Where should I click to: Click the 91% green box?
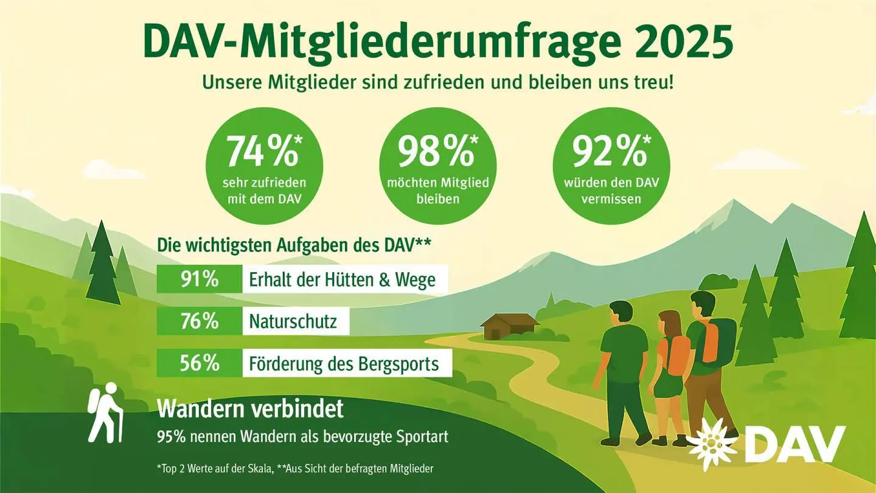pos(199,279)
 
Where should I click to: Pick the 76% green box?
pos(199,321)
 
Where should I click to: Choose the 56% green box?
pos(199,363)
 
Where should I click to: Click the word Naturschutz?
pos(293,321)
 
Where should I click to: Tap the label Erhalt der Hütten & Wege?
pos(342,279)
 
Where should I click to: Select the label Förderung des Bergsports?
pos(344,364)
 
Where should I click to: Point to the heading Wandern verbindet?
pos(250,409)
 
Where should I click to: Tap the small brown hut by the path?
pos(509,327)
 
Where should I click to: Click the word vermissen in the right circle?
pos(611,199)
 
